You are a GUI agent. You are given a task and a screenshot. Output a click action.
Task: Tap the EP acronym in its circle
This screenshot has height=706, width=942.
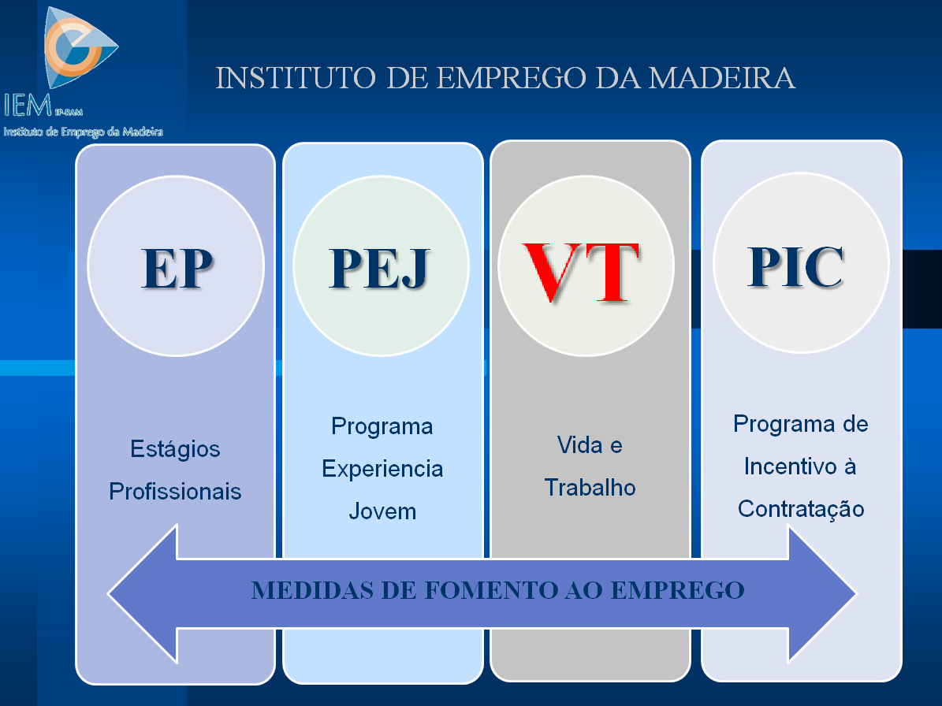click(177, 269)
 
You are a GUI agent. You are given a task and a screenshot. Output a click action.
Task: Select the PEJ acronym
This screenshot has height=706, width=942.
click(380, 269)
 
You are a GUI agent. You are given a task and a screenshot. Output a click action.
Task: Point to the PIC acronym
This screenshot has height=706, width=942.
click(796, 266)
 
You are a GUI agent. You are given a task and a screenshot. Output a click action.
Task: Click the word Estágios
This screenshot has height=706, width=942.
click(175, 449)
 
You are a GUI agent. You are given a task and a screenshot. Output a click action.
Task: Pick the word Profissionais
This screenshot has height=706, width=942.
click(175, 491)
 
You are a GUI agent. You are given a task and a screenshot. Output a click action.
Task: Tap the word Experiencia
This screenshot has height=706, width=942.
click(382, 469)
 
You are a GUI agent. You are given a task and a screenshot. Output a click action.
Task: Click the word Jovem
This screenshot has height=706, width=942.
click(382, 511)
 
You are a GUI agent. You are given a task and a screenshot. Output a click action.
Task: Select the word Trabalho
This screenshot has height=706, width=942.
click(590, 488)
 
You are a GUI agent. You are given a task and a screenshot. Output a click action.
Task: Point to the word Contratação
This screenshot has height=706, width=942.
click(801, 509)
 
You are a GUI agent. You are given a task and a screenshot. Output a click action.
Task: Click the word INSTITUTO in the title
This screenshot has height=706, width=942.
click(296, 78)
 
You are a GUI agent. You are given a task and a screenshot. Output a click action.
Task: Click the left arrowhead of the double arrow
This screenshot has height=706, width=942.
click(143, 594)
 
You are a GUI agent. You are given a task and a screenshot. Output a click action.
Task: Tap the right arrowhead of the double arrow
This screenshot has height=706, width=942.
click(822, 594)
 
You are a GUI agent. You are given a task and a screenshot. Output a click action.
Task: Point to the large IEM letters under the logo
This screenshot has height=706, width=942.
click(28, 105)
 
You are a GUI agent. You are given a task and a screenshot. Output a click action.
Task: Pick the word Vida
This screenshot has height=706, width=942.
click(579, 445)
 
